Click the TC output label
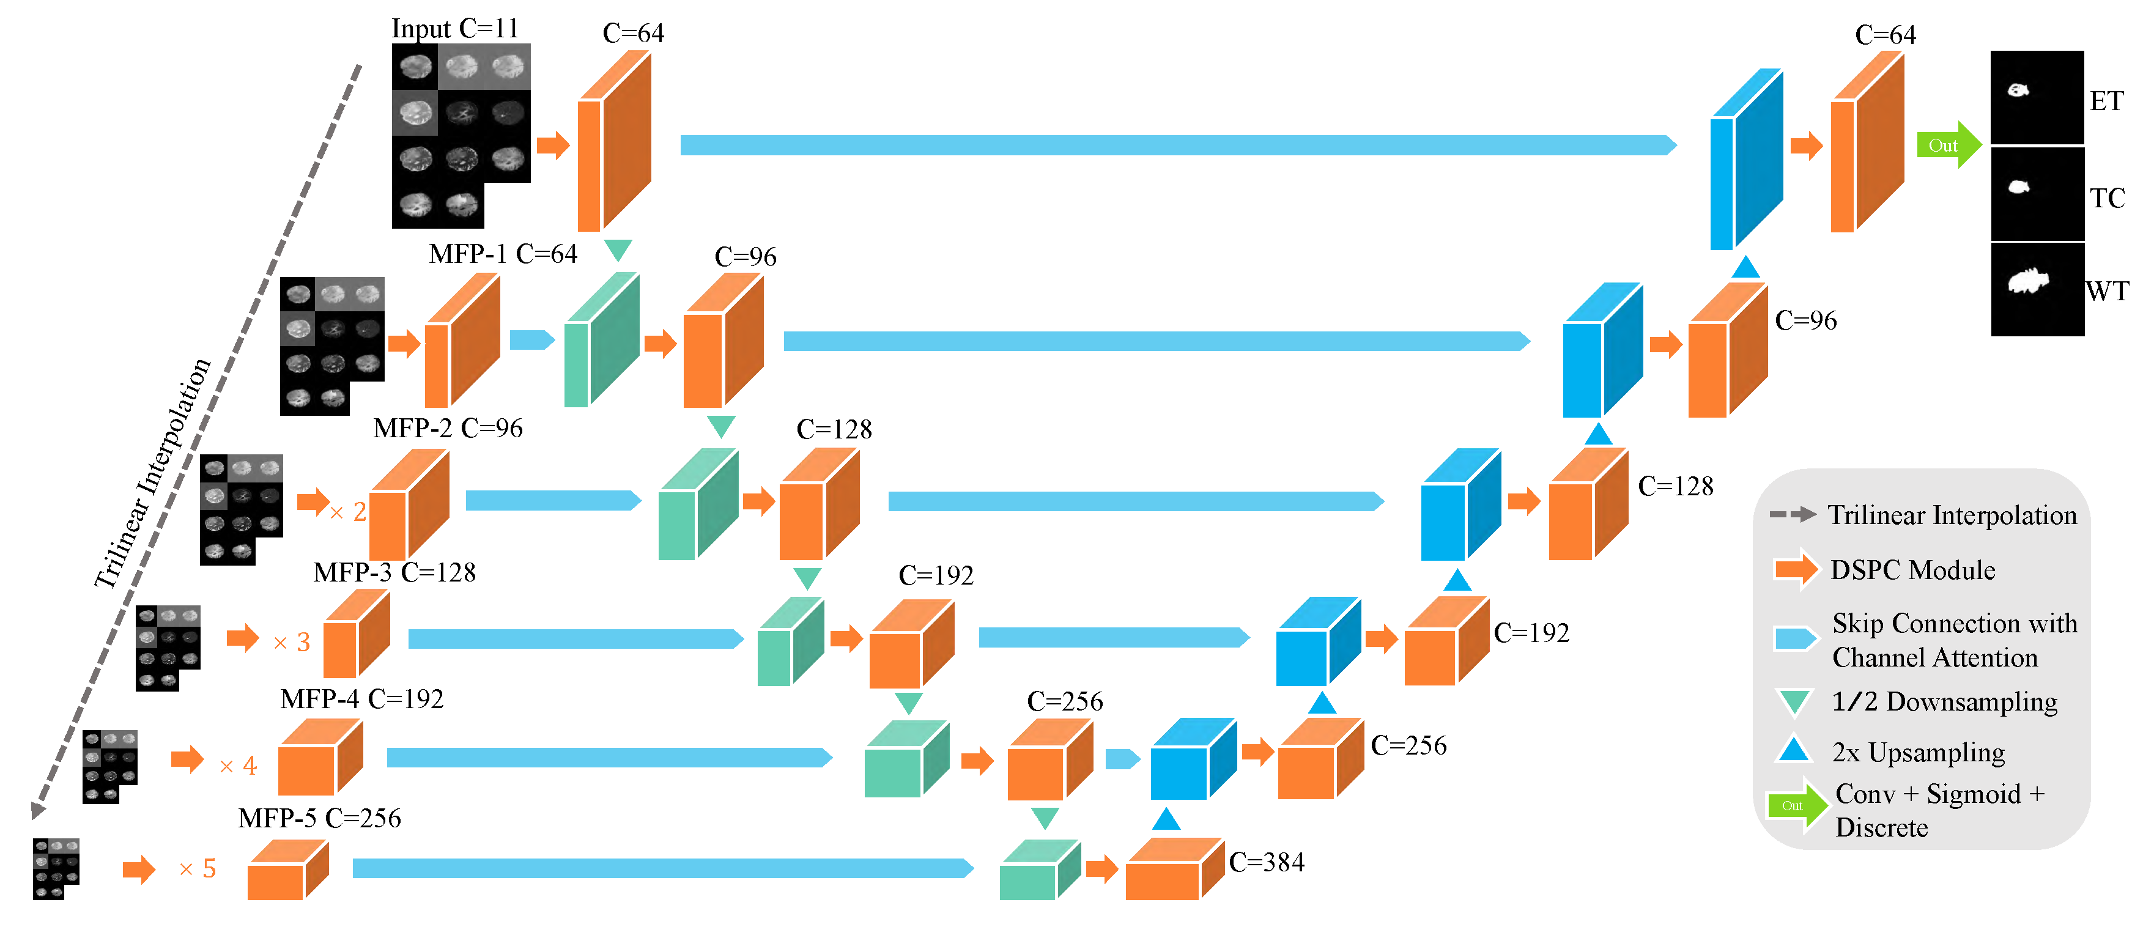(x=2106, y=198)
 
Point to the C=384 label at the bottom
(x=1266, y=862)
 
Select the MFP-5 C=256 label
(x=319, y=818)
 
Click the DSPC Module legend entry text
(x=1912, y=570)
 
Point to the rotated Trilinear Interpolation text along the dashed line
(x=152, y=472)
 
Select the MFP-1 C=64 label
(x=503, y=253)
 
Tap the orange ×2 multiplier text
(x=349, y=512)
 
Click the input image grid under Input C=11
(x=460, y=135)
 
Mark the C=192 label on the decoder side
(x=1531, y=633)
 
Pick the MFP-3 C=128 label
(x=394, y=572)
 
